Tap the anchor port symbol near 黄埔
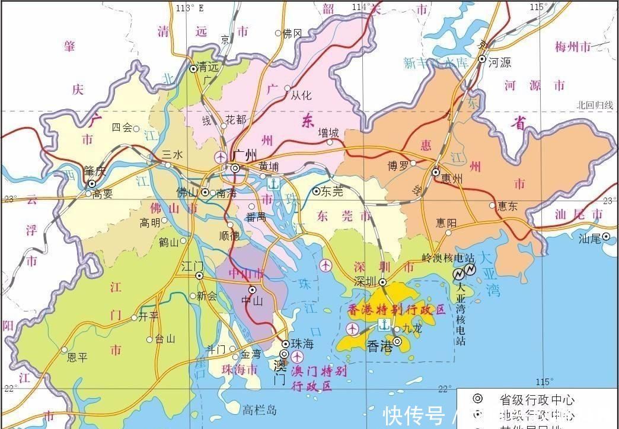tap(273, 184)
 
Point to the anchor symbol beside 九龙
tap(384, 325)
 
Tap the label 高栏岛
tap(260, 409)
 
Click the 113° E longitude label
tap(189, 7)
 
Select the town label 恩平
tap(77, 357)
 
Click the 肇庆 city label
tap(95, 171)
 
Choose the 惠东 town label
tap(508, 206)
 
